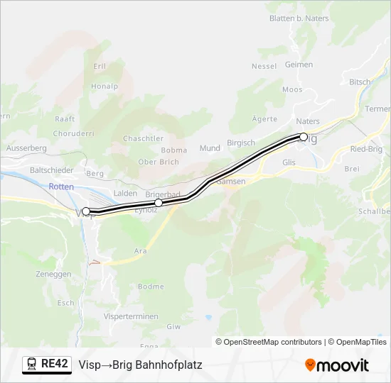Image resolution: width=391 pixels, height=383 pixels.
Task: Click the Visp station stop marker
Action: pos(86,211)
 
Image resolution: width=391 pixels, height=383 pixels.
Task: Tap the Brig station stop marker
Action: pos(304,137)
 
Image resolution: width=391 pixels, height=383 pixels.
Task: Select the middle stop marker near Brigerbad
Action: pos(159,203)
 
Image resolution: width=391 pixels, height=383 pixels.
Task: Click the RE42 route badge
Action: pos(47,365)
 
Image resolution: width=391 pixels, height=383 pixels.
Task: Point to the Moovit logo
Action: pos(337,365)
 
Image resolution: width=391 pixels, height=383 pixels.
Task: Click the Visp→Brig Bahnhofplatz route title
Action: pos(140,365)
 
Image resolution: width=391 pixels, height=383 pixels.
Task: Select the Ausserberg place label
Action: pos(26,148)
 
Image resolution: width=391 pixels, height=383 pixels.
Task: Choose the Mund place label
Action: pos(210,148)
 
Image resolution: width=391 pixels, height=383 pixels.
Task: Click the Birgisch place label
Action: pos(240,143)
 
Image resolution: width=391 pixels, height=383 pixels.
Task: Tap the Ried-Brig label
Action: pos(367,149)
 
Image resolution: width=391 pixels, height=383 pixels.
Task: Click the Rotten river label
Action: pos(61,186)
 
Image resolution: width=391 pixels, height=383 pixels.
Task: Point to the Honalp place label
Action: pos(105,87)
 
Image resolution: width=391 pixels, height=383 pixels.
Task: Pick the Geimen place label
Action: pos(299,65)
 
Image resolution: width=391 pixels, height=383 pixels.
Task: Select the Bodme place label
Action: pos(151,287)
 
